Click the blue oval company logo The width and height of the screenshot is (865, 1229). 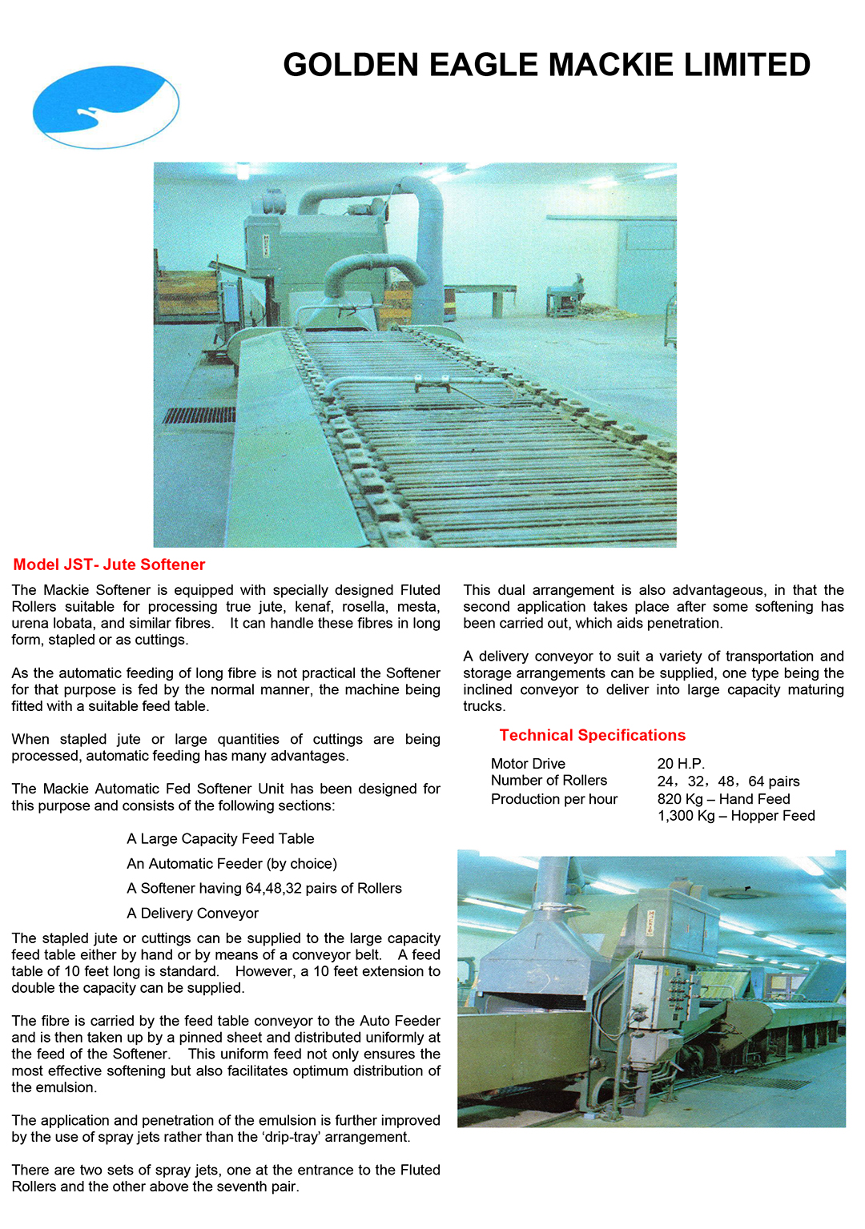106,107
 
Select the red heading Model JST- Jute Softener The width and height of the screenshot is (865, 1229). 109,564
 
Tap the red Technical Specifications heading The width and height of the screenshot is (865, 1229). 592,735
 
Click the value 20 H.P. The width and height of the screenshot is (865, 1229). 681,764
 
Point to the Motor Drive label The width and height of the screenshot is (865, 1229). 528,764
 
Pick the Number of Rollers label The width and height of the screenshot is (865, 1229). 549,781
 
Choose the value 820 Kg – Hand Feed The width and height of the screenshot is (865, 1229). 723,799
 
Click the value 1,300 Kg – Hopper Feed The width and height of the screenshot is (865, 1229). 736,816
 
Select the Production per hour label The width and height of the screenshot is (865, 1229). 554,799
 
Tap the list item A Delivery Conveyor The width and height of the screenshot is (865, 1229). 192,914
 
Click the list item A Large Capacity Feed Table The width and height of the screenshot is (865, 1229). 220,839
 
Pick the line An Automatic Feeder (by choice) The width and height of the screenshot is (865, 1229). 231,864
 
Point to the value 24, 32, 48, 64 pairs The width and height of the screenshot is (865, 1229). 728,781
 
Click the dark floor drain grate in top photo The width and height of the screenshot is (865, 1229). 199,415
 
